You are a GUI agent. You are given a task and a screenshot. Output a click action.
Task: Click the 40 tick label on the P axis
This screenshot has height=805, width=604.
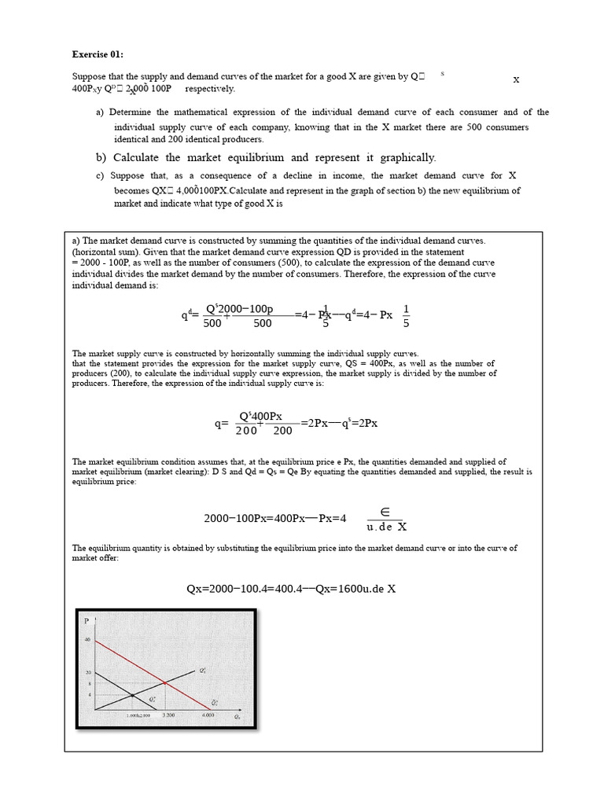[87, 640]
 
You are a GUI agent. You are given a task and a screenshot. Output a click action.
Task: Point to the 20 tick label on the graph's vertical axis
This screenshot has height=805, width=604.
[87, 673]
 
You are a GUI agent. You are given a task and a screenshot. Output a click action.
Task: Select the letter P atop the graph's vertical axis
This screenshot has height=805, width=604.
[86, 621]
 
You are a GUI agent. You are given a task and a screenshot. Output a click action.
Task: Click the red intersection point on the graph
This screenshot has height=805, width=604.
[164, 682]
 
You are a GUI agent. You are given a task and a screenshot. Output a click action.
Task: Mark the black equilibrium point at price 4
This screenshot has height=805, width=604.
[131, 695]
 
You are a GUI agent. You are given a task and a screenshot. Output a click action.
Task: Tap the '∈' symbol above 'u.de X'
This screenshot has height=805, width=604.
[386, 512]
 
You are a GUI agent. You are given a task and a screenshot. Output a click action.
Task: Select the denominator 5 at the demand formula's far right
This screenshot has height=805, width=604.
[406, 322]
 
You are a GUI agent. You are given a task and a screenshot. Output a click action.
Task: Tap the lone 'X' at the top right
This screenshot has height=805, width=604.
[516, 79]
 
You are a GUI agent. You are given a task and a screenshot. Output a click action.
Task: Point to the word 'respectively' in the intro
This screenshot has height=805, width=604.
[210, 89]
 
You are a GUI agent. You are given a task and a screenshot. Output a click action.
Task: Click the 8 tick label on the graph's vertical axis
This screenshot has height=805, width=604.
[88, 685]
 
